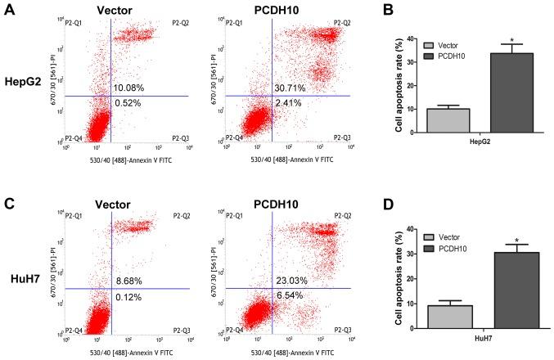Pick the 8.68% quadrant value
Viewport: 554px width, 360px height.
(128, 280)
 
